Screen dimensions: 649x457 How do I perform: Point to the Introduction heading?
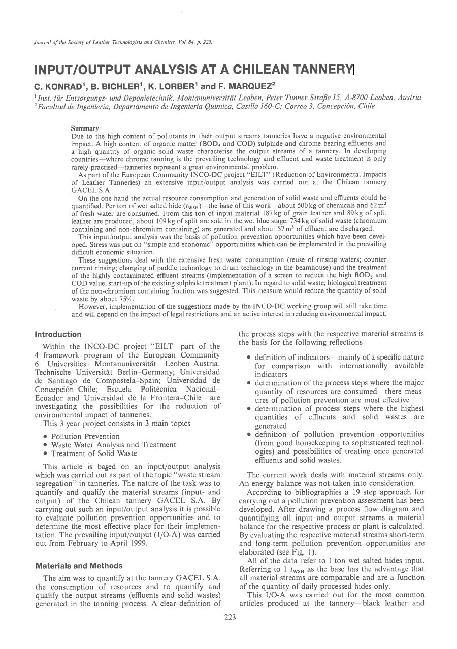(58, 334)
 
